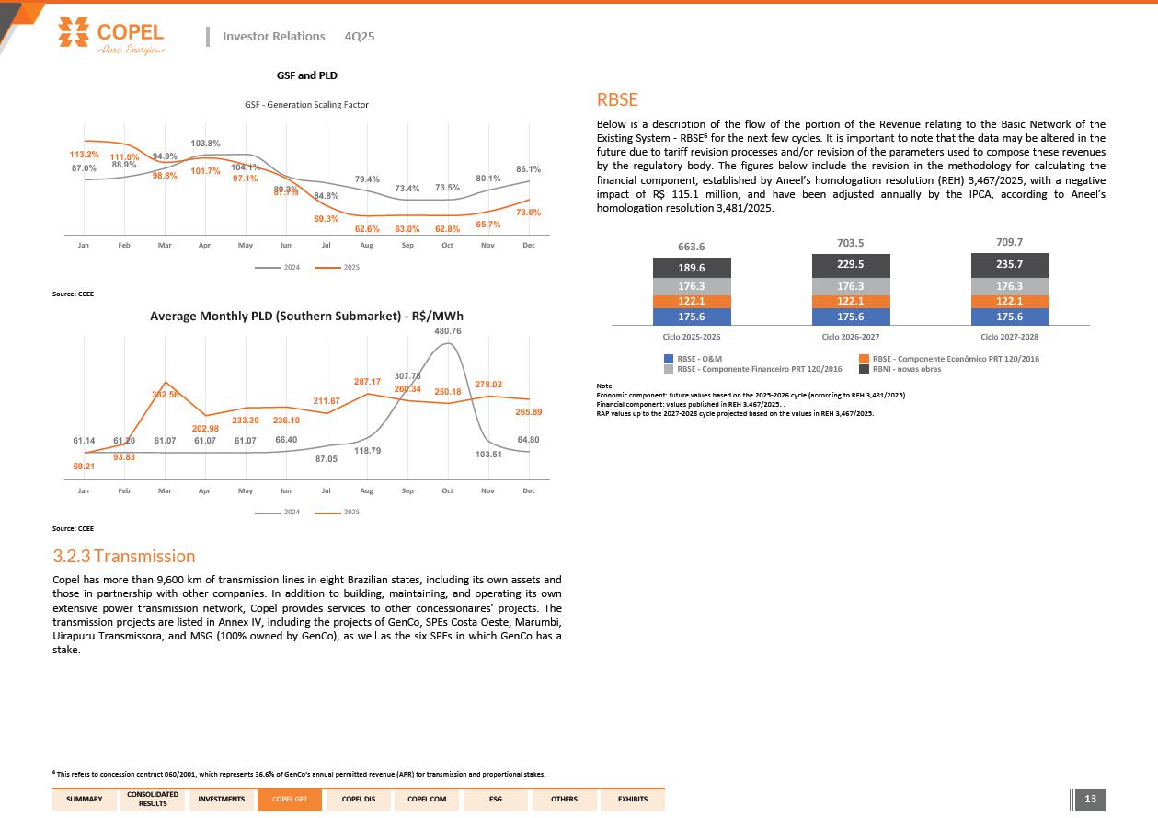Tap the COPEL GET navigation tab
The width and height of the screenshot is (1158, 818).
(289, 799)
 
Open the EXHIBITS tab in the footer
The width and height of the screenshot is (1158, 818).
(632, 799)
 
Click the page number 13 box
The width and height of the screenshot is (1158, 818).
(1091, 799)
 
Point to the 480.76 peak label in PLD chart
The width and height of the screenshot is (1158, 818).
(447, 331)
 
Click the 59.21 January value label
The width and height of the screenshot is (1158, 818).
(84, 467)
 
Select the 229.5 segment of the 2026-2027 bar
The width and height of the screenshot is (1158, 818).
(851, 264)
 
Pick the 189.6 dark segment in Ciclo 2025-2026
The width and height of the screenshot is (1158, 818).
(692, 268)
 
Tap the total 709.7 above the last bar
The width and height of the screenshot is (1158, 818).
(1009, 243)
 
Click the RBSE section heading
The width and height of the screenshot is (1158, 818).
(617, 100)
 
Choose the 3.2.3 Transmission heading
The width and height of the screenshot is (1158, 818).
(124, 556)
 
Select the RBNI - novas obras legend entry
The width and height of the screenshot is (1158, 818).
(906, 369)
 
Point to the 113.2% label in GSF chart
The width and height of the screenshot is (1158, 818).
(85, 154)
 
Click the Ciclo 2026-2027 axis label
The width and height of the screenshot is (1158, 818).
(851, 337)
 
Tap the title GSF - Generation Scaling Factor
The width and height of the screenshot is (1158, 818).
(306, 105)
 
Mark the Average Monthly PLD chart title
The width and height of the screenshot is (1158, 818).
(306, 316)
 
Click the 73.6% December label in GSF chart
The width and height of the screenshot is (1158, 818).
(528, 213)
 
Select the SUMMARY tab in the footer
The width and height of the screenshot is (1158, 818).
(85, 799)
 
